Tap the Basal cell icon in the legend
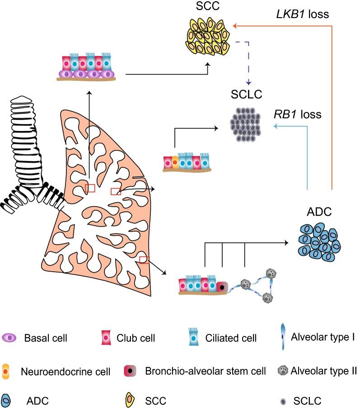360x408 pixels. (x=10, y=338)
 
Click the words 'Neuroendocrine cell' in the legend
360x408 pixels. (x=65, y=372)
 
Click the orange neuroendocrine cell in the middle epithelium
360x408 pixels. (x=175, y=162)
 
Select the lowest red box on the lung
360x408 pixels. (x=144, y=259)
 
